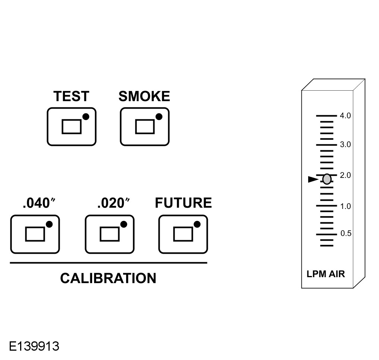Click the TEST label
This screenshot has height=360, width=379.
pyautogui.click(x=71, y=97)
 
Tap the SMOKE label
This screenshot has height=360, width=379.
pyautogui.click(x=144, y=97)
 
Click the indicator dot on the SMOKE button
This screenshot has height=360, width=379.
pyautogui.click(x=159, y=117)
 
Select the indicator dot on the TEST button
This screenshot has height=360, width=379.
pyautogui.click(x=86, y=117)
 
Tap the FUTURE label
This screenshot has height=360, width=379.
pyautogui.click(x=183, y=203)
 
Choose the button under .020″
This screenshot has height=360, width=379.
pyautogui.click(x=110, y=234)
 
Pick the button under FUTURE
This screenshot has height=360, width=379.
pyautogui.click(x=183, y=234)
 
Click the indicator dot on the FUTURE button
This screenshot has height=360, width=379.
pyautogui.click(x=197, y=224)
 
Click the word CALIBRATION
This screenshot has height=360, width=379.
pyautogui.click(x=108, y=278)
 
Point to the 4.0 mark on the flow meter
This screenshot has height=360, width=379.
pyautogui.click(x=345, y=116)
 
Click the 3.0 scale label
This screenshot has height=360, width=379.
pyautogui.click(x=345, y=144)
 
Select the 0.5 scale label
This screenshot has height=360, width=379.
pyautogui.click(x=346, y=234)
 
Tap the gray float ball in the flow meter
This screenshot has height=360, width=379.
pyautogui.click(x=327, y=179)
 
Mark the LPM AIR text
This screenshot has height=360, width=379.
pyautogui.click(x=326, y=275)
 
